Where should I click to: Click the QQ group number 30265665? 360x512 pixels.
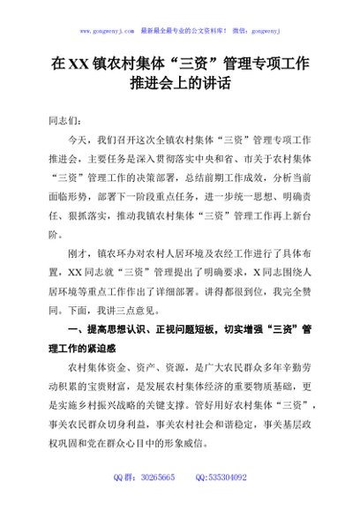(x=156, y=500)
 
